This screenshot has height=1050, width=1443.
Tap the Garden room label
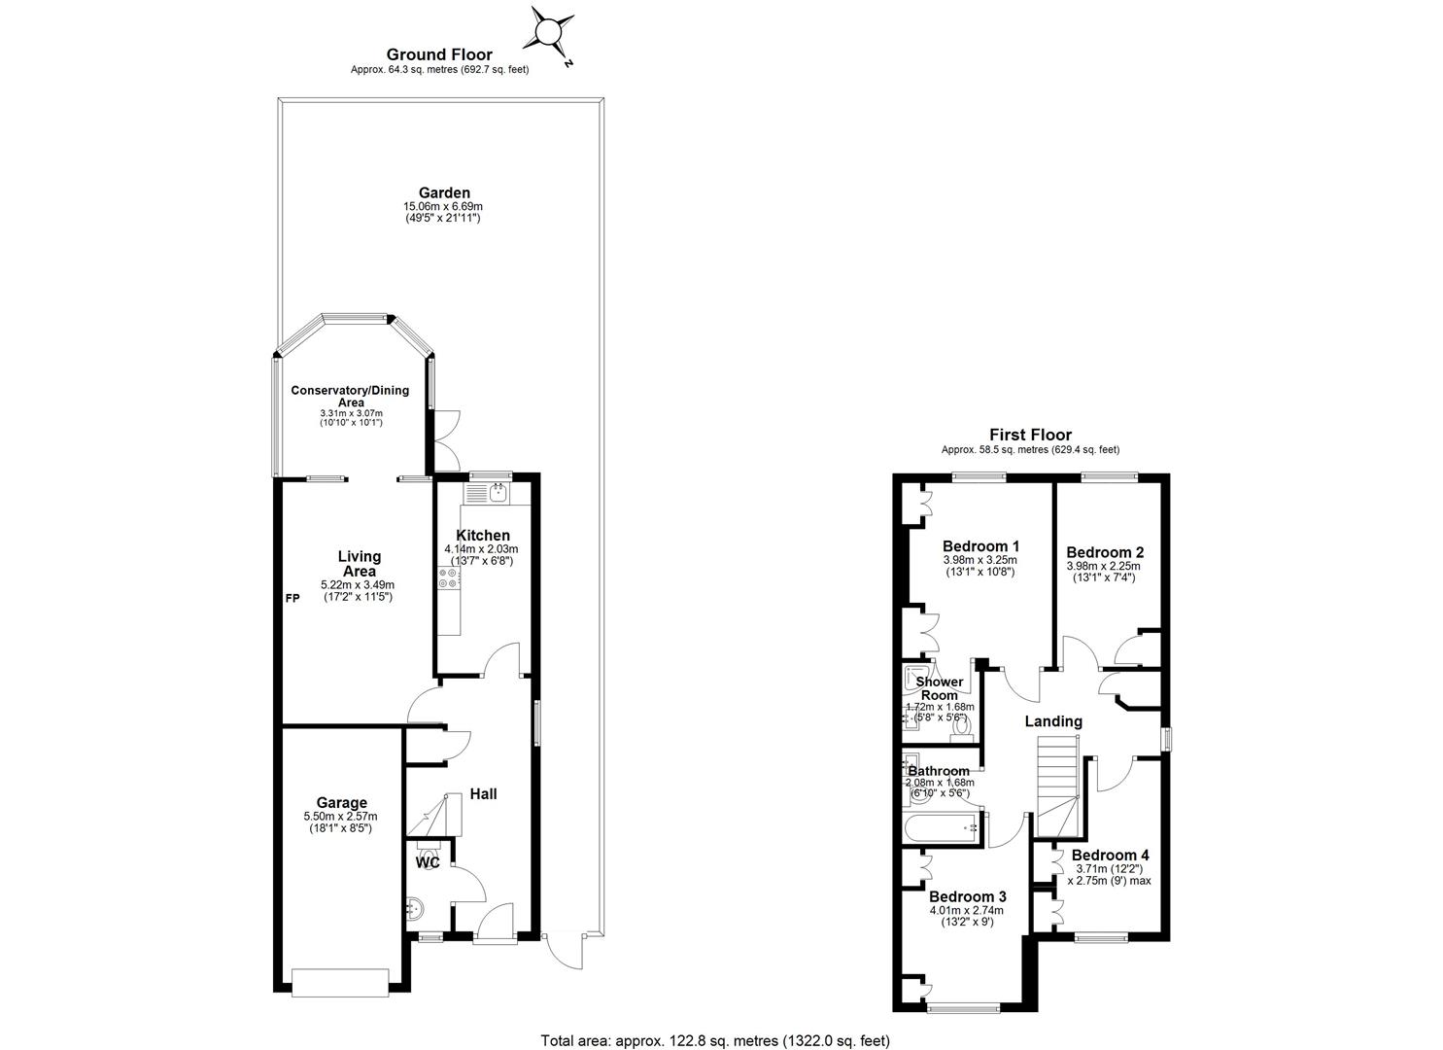[444, 192]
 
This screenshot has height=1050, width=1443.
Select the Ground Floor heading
[439, 54]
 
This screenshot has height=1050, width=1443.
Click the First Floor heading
[1031, 435]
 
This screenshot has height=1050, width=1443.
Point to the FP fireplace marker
[292, 598]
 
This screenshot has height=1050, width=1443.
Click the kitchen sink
[498, 494]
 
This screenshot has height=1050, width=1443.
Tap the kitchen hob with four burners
[448, 577]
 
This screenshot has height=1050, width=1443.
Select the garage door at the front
[340, 982]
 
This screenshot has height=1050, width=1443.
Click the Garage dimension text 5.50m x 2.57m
[341, 817]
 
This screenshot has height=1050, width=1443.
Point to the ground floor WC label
[428, 862]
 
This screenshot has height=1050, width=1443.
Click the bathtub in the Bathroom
[942, 828]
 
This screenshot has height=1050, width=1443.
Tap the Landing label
[1053, 721]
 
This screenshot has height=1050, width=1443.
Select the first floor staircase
[1059, 787]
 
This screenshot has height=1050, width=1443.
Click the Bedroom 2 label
[1105, 552]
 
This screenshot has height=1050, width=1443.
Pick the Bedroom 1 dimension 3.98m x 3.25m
[979, 560]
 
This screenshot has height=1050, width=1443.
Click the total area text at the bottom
[715, 1022]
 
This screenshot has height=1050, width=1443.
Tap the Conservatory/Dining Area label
[350, 396]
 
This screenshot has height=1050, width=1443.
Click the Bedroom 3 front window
[963, 1007]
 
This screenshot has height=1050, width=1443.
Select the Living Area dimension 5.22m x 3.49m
[358, 585]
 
